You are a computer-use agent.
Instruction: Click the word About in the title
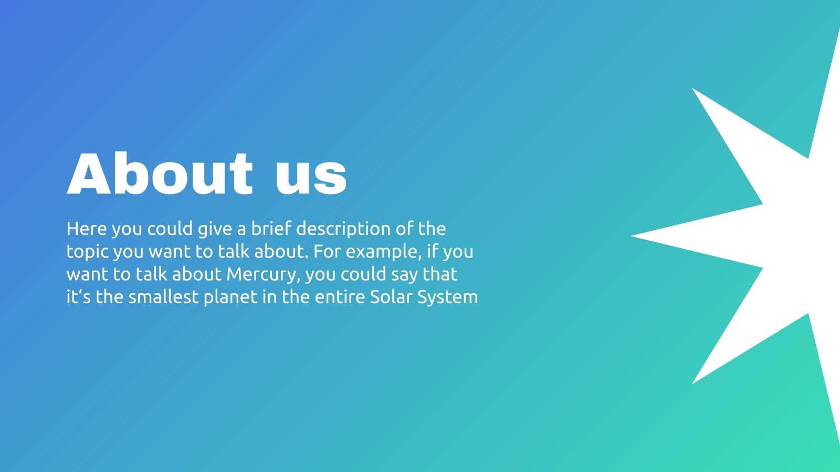click(160, 174)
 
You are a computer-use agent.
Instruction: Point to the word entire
click(340, 297)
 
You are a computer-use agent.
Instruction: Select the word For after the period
click(327, 251)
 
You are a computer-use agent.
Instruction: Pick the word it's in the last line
click(78, 297)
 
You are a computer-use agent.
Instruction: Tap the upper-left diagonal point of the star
click(692, 89)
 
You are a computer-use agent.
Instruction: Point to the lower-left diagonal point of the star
click(692, 383)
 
